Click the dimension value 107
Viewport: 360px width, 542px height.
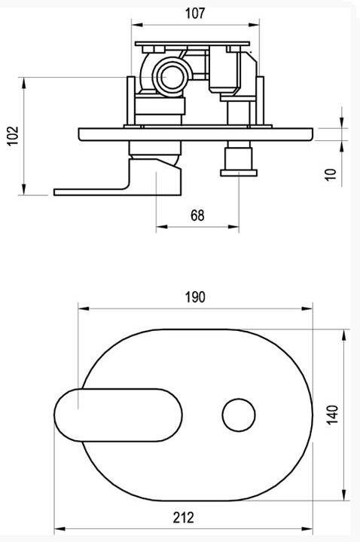point(195,13)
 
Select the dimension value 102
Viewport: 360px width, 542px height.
point(13,136)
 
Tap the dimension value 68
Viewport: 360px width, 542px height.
point(197,216)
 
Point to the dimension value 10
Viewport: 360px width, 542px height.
point(331,174)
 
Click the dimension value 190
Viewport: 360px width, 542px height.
point(195,297)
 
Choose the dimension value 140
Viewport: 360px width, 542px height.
point(332,415)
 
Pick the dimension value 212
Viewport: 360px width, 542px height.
point(184,517)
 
